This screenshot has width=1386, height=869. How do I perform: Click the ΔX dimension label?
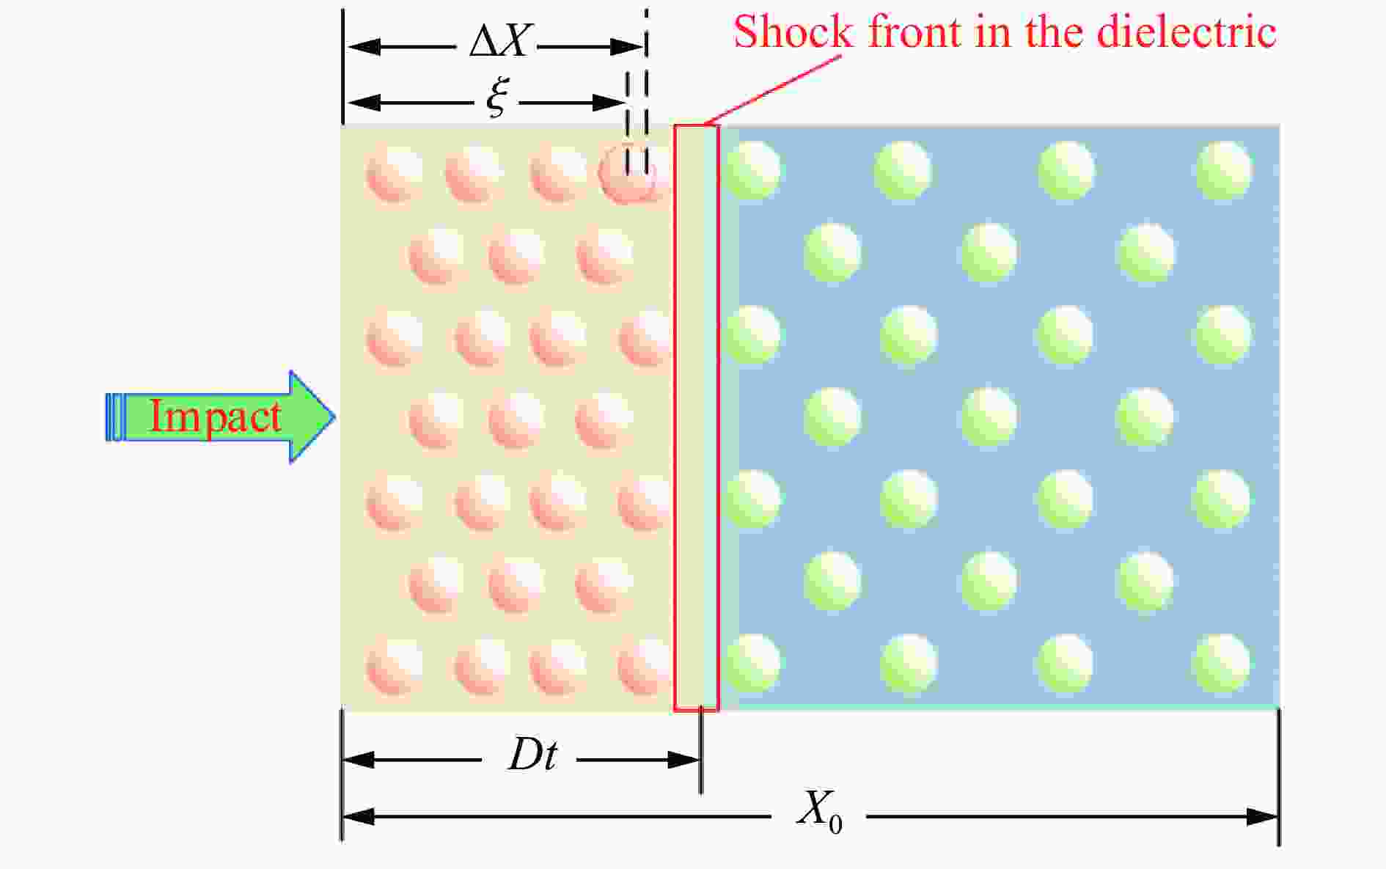(499, 42)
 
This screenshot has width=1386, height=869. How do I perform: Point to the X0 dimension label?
(819, 812)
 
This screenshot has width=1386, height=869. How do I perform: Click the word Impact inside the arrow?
(215, 417)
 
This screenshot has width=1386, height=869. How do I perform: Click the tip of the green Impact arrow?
(335, 417)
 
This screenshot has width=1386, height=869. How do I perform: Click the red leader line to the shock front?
(773, 89)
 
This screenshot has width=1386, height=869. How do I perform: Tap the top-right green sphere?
(1223, 170)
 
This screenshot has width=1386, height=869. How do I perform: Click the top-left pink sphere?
(395, 173)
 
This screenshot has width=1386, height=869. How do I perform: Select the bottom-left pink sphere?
(395, 666)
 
